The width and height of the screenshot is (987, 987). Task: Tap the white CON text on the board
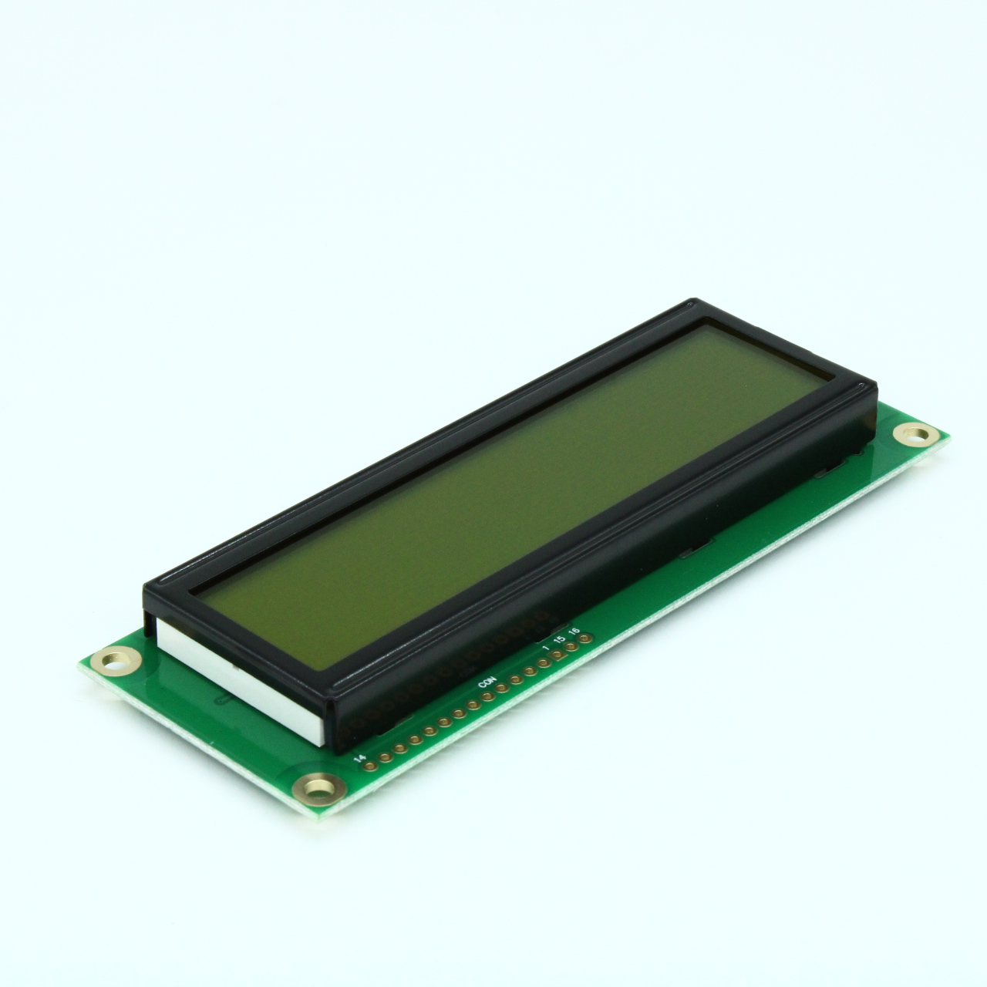(x=487, y=682)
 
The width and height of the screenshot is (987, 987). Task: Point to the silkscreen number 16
(x=574, y=631)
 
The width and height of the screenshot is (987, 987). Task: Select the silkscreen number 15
(x=559, y=639)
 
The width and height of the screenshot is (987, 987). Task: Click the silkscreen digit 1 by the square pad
(x=546, y=648)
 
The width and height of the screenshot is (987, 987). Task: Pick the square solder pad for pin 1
(x=557, y=655)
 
